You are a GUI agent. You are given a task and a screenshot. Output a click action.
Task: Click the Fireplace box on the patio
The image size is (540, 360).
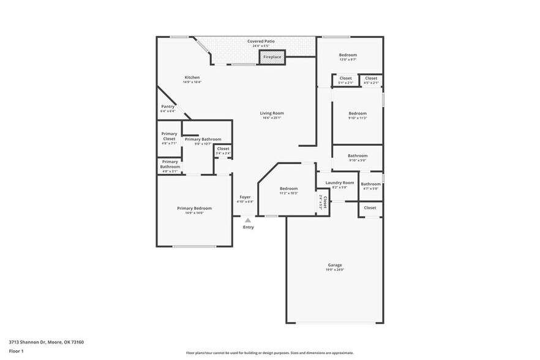[272, 57]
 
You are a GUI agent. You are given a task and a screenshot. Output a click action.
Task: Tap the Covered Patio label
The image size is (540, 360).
[261, 41]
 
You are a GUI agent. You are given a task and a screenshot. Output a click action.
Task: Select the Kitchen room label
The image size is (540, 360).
[192, 77]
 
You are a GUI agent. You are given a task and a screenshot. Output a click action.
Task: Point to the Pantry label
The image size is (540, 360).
[168, 107]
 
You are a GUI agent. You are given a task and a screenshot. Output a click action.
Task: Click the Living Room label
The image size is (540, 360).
[272, 113]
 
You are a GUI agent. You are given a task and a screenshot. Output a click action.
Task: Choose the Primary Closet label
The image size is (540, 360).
[169, 136]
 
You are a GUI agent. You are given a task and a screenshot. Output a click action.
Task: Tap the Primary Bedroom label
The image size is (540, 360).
[194, 208]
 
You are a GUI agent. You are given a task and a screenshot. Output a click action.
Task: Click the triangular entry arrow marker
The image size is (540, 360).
[247, 220]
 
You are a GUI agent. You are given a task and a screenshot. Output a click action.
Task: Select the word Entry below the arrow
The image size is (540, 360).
[248, 227]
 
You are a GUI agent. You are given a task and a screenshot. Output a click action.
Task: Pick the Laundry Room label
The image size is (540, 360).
[339, 182]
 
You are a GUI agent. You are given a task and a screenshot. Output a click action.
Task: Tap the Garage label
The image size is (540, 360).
[334, 265]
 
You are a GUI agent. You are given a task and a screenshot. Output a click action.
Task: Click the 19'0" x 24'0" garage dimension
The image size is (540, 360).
[334, 270]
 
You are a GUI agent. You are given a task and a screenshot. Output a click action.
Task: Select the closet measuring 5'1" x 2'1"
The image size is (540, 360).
[345, 80]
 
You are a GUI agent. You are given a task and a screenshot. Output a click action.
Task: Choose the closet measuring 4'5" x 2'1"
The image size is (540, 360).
[371, 80]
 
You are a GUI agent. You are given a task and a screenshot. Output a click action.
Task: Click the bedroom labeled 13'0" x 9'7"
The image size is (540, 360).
[348, 57]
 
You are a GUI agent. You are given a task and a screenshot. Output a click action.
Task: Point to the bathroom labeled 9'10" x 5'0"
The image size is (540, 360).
[358, 157]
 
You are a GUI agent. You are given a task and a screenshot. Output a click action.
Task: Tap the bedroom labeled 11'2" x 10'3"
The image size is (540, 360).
[288, 190]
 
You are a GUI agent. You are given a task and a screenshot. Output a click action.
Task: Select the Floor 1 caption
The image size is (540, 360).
[16, 351]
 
